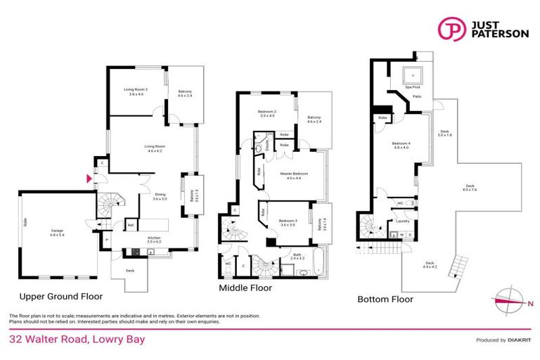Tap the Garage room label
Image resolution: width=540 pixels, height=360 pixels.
tap(56, 231)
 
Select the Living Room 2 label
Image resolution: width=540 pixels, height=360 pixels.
tap(134, 91)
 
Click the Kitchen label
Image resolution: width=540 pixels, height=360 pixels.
tap(154, 238)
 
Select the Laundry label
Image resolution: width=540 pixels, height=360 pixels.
tap(402, 221)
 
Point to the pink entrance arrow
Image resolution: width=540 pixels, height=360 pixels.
tap(88, 180)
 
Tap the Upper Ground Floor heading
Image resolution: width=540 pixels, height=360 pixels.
tap(60, 296)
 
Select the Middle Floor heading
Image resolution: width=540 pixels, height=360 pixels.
tap(245, 288)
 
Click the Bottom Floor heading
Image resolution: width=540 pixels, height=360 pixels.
tap(385, 299)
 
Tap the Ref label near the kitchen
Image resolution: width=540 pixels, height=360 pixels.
tap(131, 225)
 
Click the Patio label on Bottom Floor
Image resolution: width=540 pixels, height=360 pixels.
tap(417, 96)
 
